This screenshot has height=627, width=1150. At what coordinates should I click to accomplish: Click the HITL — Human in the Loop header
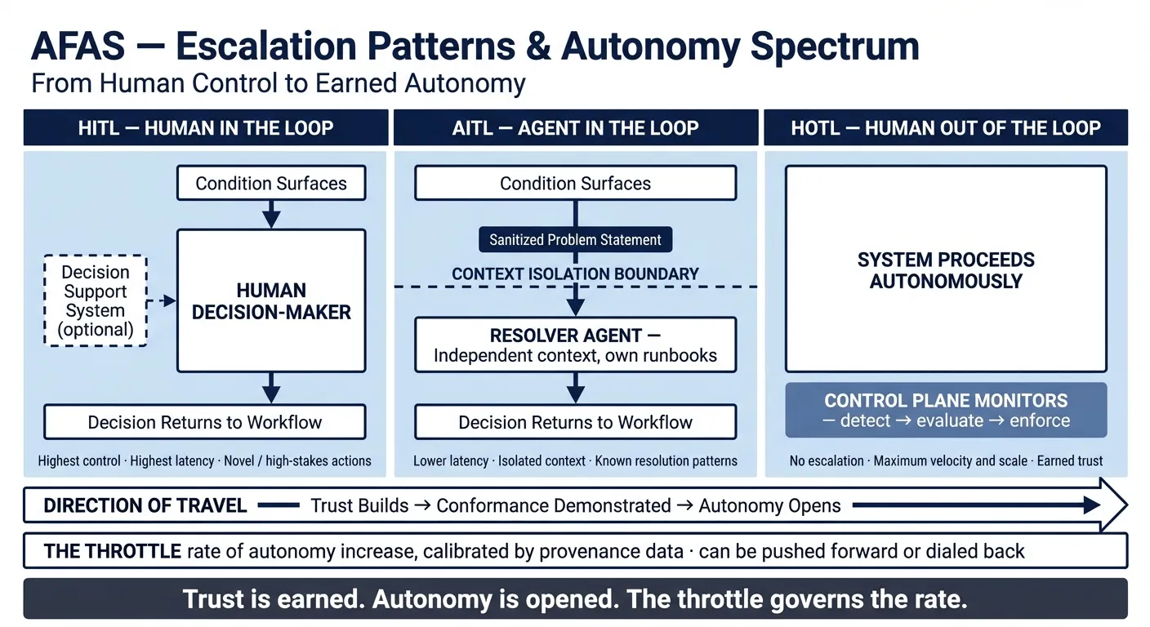click(x=205, y=128)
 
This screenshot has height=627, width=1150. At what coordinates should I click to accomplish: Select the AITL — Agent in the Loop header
click(x=576, y=128)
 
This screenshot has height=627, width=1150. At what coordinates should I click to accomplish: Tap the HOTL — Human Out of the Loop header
click(x=946, y=128)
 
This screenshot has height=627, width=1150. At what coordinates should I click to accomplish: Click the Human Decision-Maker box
click(x=271, y=301)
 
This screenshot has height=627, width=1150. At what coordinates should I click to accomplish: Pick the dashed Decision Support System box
click(x=96, y=301)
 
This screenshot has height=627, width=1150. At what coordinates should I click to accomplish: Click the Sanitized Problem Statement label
click(x=575, y=240)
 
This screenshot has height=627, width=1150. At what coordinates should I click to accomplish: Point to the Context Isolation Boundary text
click(x=575, y=274)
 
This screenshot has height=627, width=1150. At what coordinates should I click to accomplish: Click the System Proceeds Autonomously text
click(x=946, y=271)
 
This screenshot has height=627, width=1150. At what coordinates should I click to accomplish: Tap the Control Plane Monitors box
click(x=946, y=411)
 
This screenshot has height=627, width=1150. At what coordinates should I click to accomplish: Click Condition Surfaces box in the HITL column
click(x=271, y=184)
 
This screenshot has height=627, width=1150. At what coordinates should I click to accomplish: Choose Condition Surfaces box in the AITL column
click(x=575, y=184)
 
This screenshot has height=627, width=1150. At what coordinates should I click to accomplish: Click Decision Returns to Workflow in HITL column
click(x=204, y=422)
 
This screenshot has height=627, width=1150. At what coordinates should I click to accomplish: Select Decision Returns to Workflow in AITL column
click(x=575, y=422)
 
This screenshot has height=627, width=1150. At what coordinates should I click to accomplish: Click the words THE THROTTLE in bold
click(x=112, y=551)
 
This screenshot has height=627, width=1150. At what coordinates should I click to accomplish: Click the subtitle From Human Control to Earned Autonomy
click(x=278, y=84)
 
